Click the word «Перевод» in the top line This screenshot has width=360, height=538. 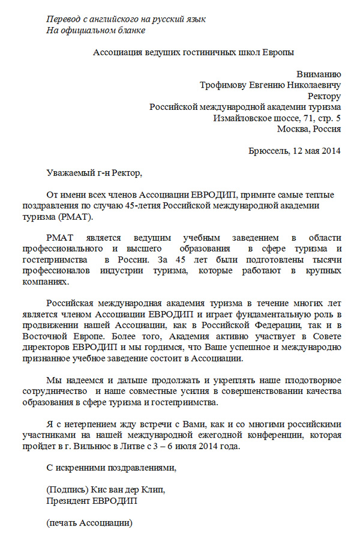pos(65,19)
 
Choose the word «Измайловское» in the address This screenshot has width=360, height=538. pos(242,118)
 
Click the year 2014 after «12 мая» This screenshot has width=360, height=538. pos(330,151)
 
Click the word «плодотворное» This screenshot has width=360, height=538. pos(314,380)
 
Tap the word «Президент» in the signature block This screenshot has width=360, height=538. pos(67,500)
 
